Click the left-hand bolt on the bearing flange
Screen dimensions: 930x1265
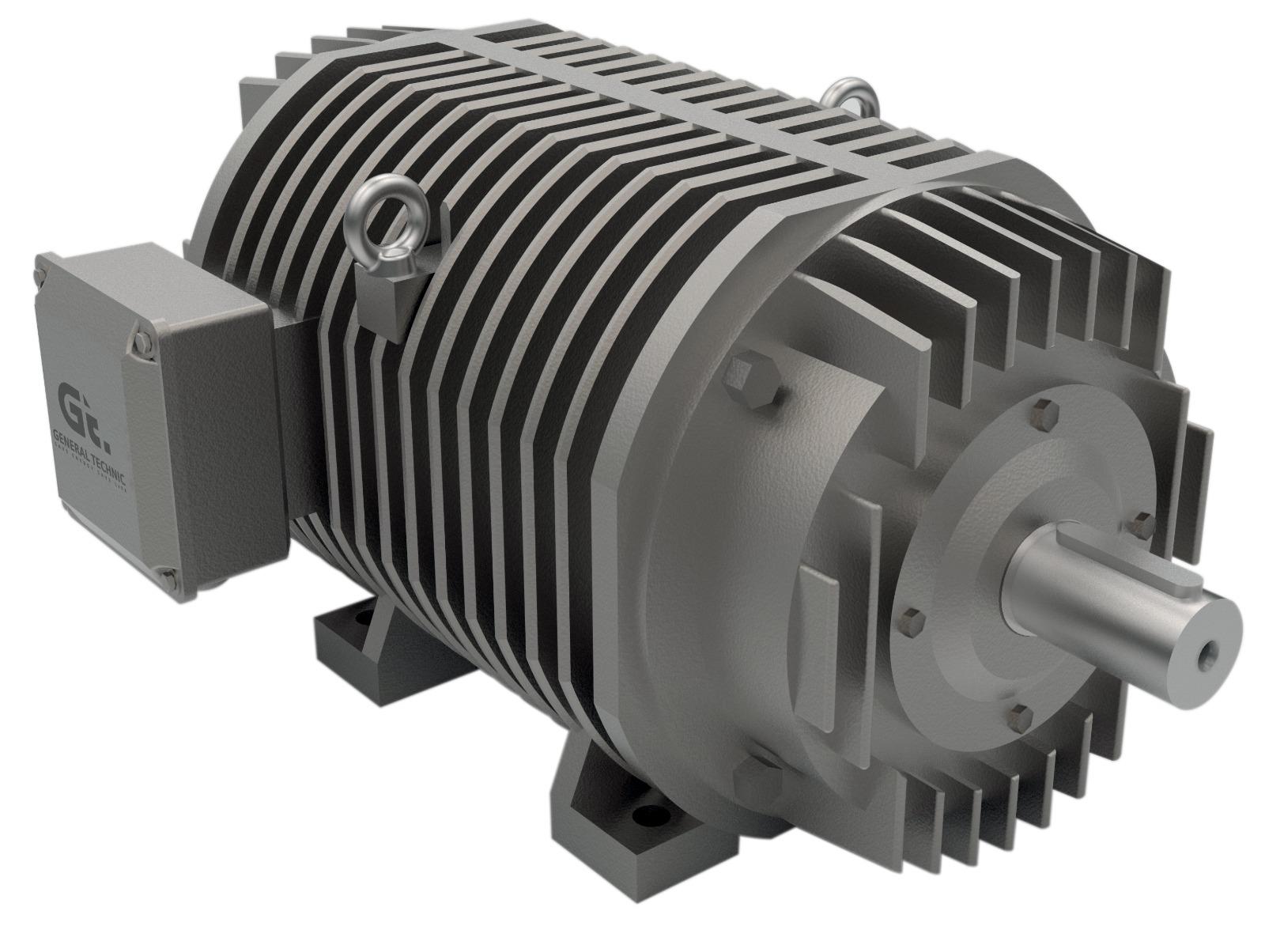coord(911,618)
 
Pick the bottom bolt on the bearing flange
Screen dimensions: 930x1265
coord(1020,716)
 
